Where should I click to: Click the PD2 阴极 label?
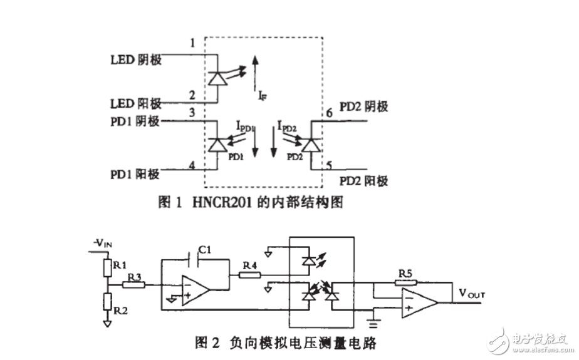363,106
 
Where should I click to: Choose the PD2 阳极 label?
363,181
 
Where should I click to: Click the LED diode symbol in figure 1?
217,78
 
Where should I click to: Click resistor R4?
250,274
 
